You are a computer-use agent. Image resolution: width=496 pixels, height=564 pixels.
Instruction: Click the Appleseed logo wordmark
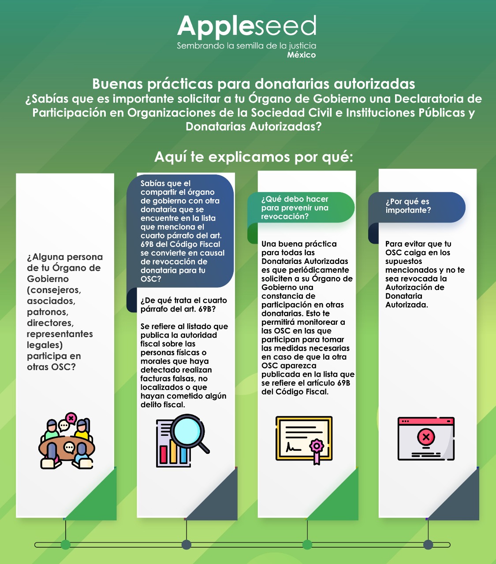pyautogui.click(x=247, y=26)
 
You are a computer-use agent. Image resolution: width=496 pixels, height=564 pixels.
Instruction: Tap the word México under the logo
pyautogui.click(x=301, y=55)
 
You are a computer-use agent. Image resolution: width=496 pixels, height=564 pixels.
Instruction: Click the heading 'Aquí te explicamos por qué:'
pyautogui.click(x=254, y=157)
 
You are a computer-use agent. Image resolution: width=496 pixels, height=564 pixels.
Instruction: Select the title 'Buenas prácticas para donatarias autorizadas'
pyautogui.click(x=254, y=84)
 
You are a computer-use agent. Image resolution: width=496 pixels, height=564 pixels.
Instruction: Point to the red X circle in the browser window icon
pyautogui.click(x=426, y=437)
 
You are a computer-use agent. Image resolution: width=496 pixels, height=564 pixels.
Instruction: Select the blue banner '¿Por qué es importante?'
pyautogui.click(x=417, y=206)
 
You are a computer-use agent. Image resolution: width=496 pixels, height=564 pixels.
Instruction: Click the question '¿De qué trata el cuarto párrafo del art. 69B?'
pyautogui.click(x=183, y=304)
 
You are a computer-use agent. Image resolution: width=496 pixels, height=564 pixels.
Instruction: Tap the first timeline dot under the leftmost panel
pyautogui.click(x=65, y=545)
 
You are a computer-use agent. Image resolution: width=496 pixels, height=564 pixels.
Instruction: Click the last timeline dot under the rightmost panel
pyautogui.click(x=428, y=545)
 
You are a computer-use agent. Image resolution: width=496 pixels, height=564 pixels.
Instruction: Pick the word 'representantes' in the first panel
pyautogui.click(x=60, y=334)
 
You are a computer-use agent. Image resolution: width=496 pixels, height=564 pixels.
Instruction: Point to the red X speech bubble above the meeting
pyautogui.click(x=71, y=417)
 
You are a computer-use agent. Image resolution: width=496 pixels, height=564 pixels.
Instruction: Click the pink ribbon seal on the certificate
pyautogui.click(x=316, y=446)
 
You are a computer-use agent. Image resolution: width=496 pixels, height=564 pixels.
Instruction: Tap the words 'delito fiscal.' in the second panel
pyautogui.click(x=163, y=404)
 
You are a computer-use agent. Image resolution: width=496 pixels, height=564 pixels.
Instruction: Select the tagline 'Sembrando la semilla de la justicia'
pyautogui.click(x=246, y=45)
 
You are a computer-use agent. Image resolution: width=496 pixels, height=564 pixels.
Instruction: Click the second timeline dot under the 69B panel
pyautogui.click(x=186, y=545)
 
